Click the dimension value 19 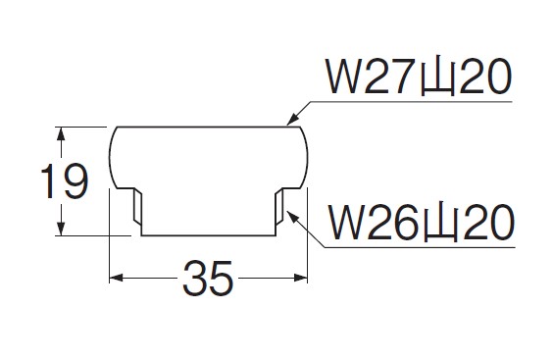click(64, 181)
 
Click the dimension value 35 click(208, 279)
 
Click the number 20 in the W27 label click(485, 77)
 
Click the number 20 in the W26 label click(488, 223)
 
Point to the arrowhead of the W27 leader click(293, 119)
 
